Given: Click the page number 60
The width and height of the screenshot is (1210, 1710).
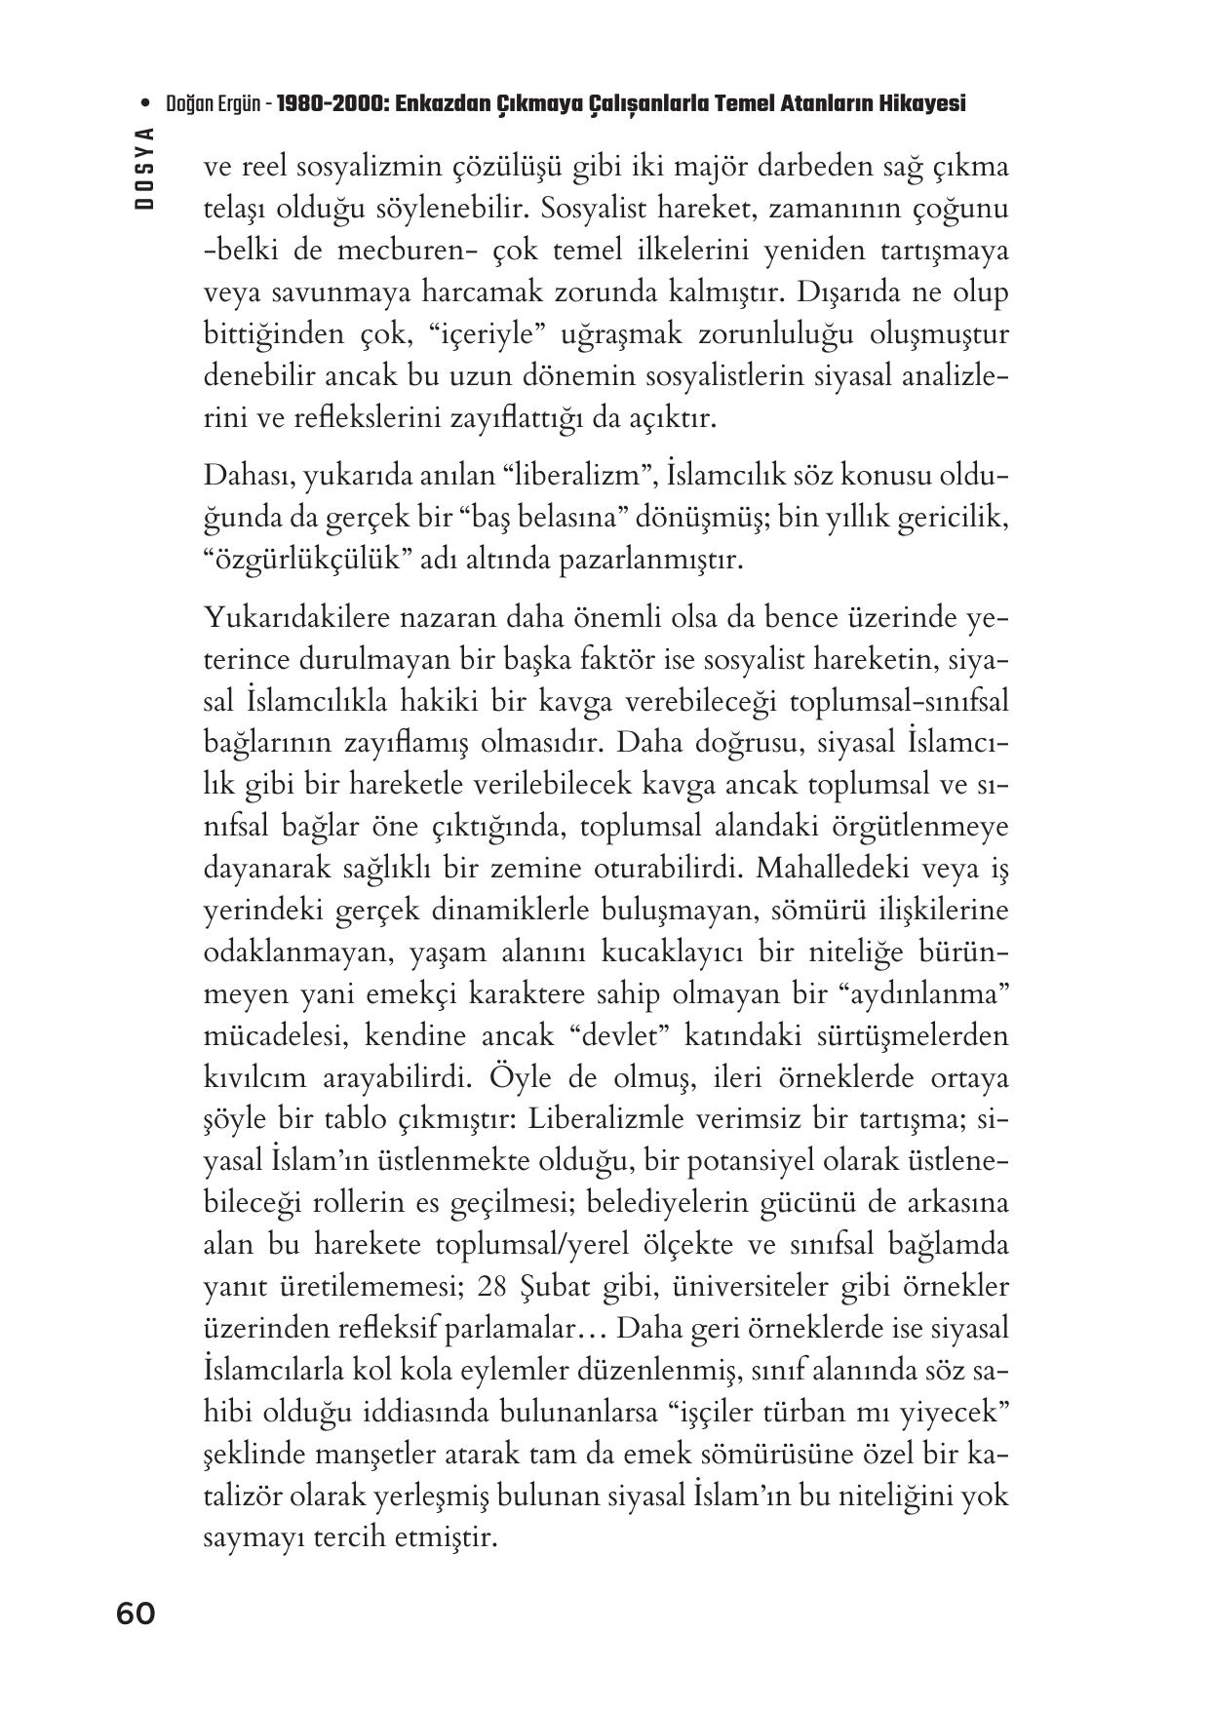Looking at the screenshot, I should [136, 1613].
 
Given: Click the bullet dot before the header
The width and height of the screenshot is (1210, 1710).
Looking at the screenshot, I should [145, 103].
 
